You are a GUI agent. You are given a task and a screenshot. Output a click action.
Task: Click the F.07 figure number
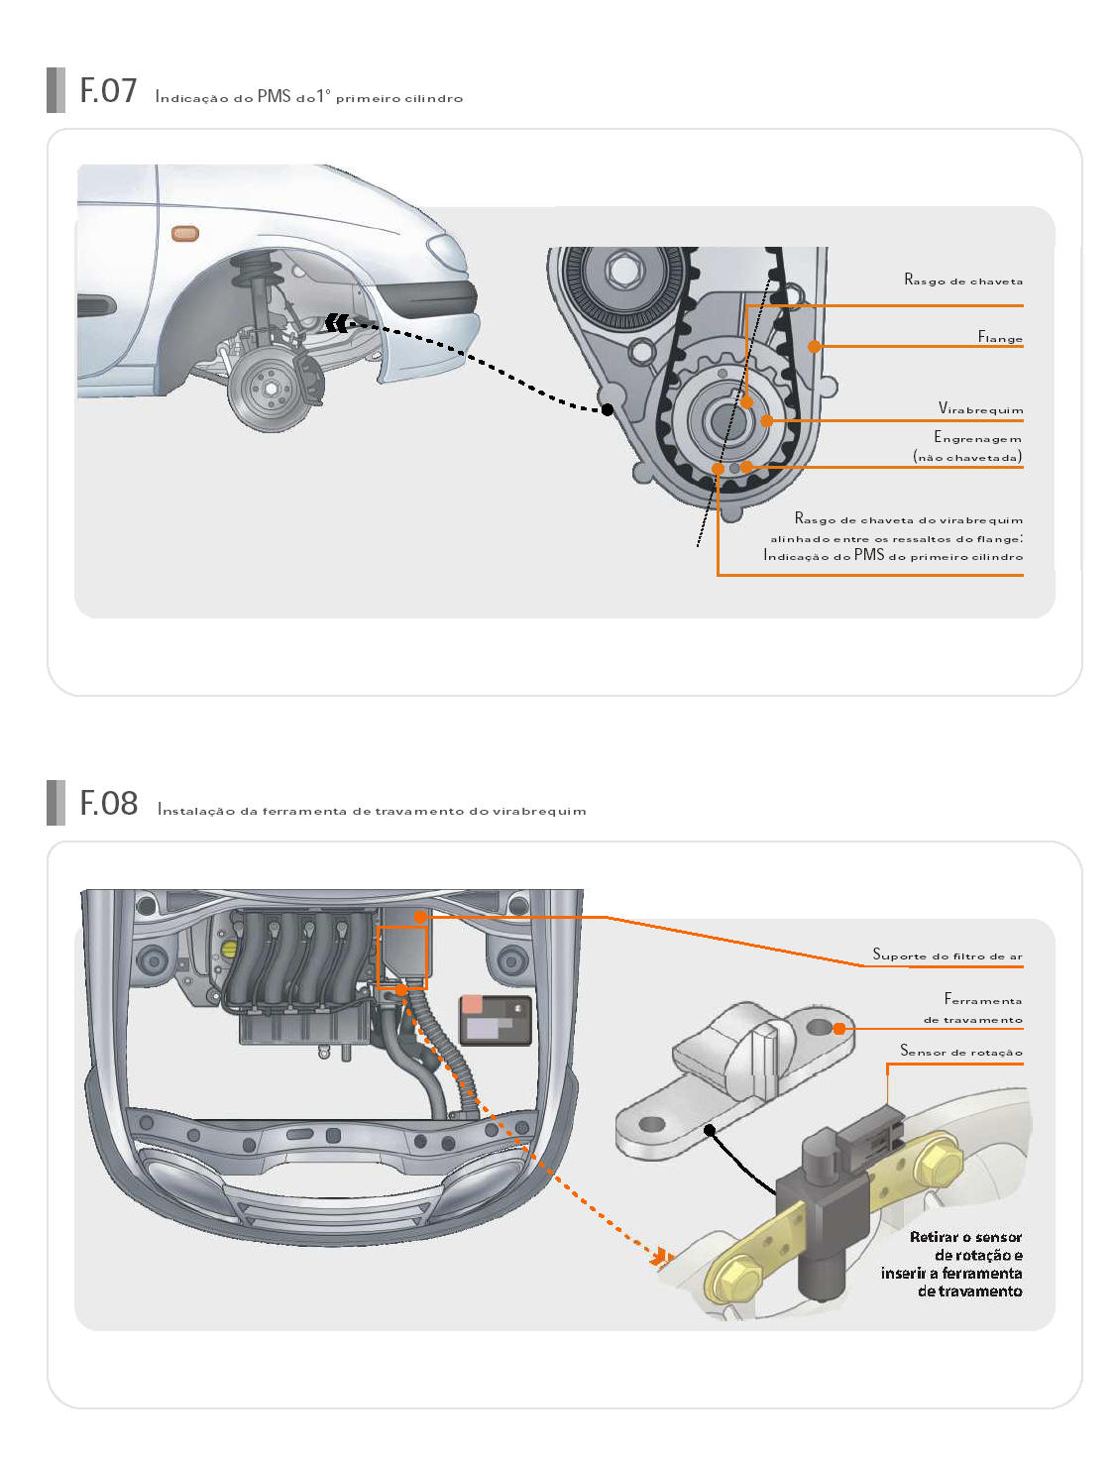(x=108, y=90)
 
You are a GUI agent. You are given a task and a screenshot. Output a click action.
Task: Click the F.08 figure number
(x=108, y=803)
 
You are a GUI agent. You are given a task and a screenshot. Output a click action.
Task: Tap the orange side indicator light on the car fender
(x=184, y=233)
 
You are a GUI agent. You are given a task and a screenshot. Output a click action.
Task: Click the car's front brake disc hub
(x=271, y=389)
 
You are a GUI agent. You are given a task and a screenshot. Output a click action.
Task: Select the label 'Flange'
(x=1000, y=337)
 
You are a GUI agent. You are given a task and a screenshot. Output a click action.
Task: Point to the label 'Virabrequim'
(x=980, y=408)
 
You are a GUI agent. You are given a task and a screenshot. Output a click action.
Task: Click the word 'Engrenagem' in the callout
(x=978, y=437)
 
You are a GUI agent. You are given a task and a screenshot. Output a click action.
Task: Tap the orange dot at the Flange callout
(x=815, y=346)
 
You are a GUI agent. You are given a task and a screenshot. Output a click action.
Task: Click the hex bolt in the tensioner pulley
(x=622, y=270)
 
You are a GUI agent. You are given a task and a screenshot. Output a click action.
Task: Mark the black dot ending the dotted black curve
(x=607, y=410)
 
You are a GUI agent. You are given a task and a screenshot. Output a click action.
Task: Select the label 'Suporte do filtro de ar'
(x=947, y=955)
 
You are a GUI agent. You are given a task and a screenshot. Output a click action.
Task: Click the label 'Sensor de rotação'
(x=961, y=1051)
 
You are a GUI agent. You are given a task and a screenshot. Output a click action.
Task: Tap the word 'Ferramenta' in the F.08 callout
(x=983, y=999)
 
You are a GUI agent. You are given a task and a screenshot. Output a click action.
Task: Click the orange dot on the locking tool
(x=839, y=1029)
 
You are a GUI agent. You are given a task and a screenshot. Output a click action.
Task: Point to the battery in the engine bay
(x=496, y=1020)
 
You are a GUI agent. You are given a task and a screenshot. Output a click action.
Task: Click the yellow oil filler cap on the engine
(x=229, y=950)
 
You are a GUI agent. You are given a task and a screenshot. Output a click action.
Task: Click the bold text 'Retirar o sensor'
(x=965, y=1237)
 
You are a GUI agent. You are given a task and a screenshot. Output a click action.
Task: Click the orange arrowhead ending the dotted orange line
(x=661, y=1256)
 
